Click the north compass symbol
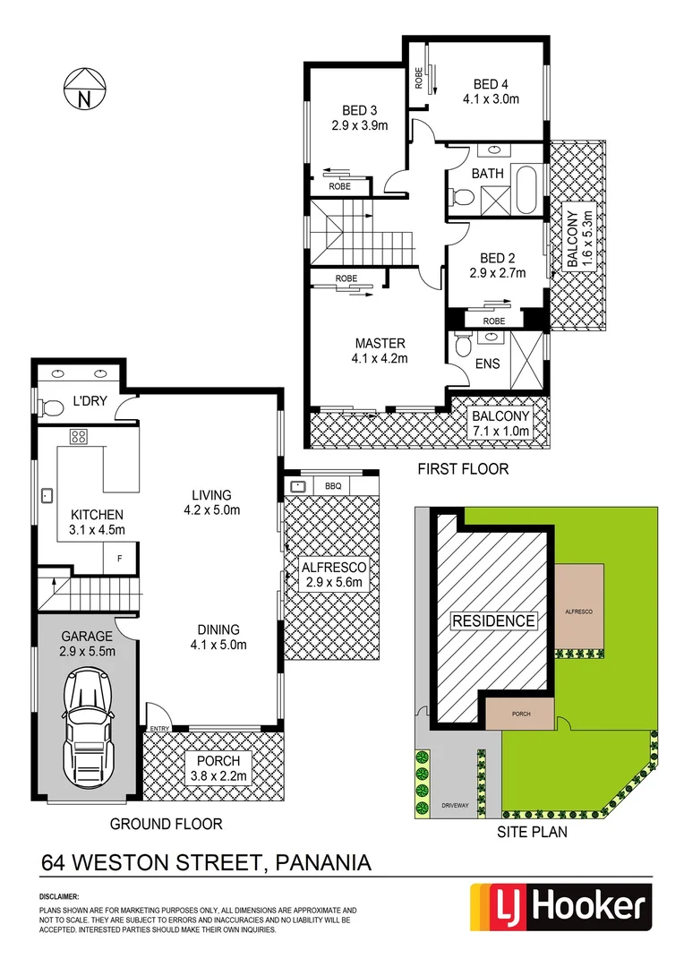coord(84,89)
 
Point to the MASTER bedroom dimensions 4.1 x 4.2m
coord(380,359)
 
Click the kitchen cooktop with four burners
coord(79,438)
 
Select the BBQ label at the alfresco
coord(333,486)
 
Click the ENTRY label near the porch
coord(160,728)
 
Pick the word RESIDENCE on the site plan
coord(492,620)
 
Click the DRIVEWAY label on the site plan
coord(454,806)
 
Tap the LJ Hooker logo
coord(556,908)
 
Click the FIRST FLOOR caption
coord(463,468)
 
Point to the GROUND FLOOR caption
coord(166,824)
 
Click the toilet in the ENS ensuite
coord(462,346)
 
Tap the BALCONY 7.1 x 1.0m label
coord(500,424)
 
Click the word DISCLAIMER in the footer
coord(60,896)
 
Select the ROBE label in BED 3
coord(339,187)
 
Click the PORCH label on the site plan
coord(520,714)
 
